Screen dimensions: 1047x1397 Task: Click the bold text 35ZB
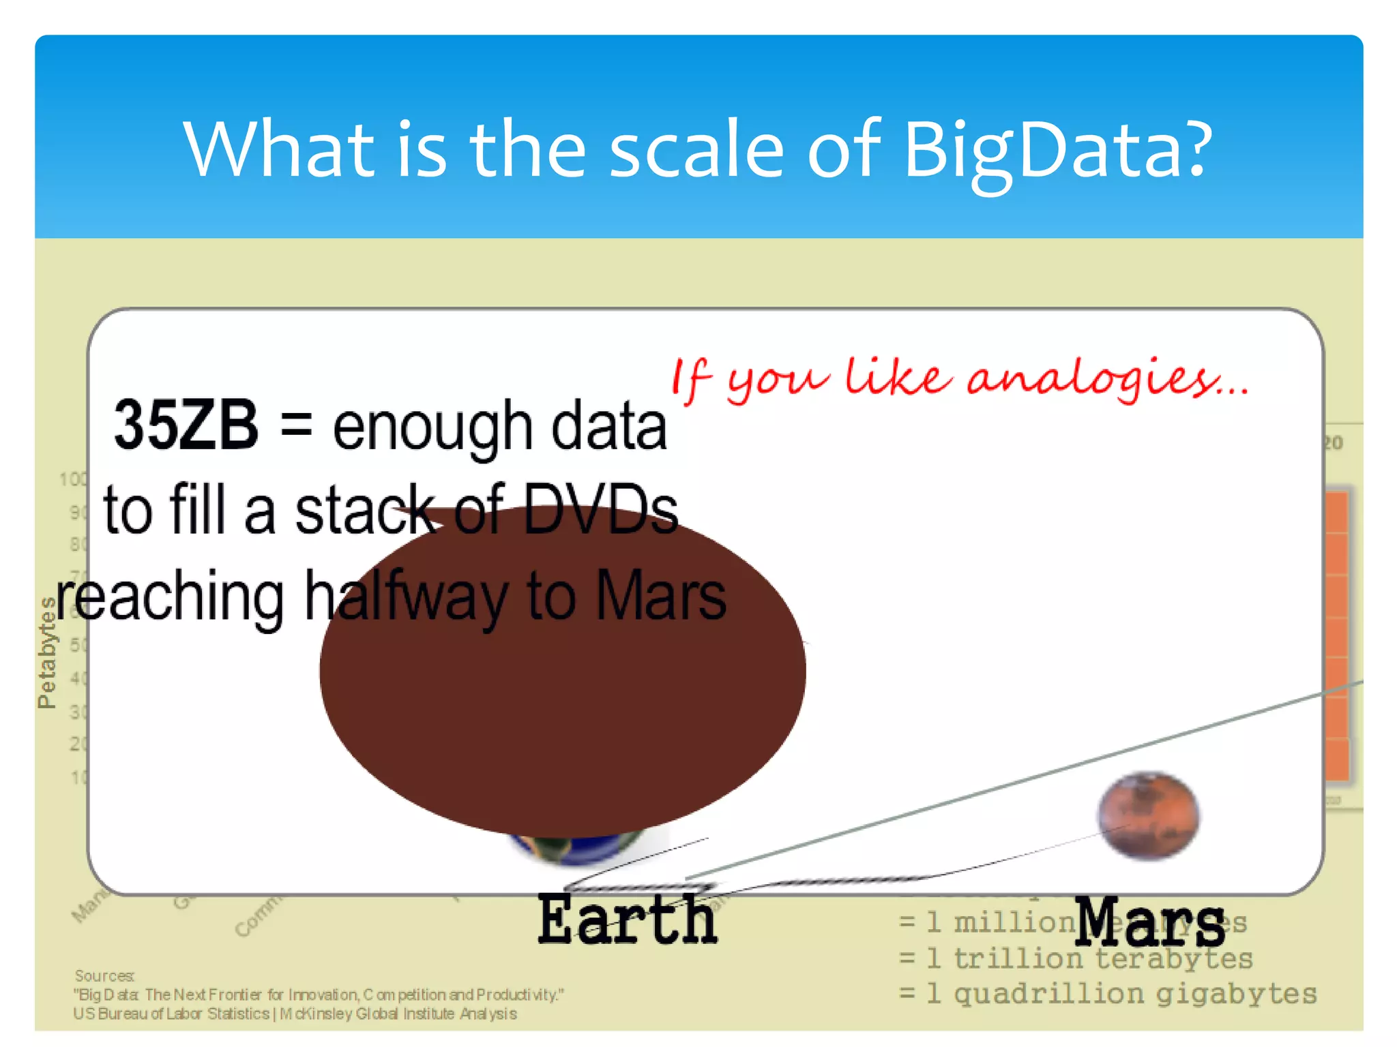186,425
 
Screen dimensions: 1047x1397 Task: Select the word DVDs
600,510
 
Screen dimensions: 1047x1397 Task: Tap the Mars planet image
1148,815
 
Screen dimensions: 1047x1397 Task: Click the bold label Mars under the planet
1149,922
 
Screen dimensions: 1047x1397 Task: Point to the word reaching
169,597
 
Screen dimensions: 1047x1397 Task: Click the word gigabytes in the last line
1236,994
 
